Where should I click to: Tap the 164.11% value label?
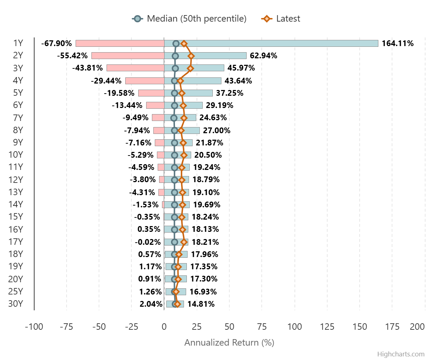[x=398, y=44]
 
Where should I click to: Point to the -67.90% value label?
[x=57, y=44]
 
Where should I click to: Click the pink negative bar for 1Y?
[x=120, y=44]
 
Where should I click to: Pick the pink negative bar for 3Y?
[x=135, y=68]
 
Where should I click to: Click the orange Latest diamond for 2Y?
[x=191, y=56]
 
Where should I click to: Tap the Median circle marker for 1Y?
[x=176, y=44]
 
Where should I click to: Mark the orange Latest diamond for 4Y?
[x=180, y=81]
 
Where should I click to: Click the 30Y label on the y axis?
[x=15, y=303]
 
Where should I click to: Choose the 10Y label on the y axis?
[x=15, y=155]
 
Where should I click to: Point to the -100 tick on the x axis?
[x=34, y=327]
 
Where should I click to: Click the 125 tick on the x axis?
[x=327, y=327]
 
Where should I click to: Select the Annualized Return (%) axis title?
[x=229, y=342]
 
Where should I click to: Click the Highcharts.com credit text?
[x=401, y=354]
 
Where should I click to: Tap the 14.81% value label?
[x=201, y=304]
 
